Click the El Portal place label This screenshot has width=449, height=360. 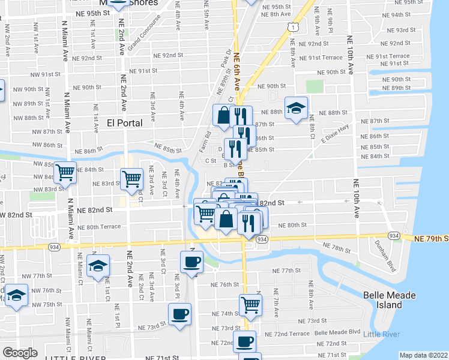124,123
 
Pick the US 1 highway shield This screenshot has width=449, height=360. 292,27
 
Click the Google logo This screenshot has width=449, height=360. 20,353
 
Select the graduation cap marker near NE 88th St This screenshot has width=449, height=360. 296,108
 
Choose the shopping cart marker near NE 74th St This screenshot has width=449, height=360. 250,304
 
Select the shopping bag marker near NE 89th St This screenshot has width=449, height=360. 223,115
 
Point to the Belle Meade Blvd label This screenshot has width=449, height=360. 337,332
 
